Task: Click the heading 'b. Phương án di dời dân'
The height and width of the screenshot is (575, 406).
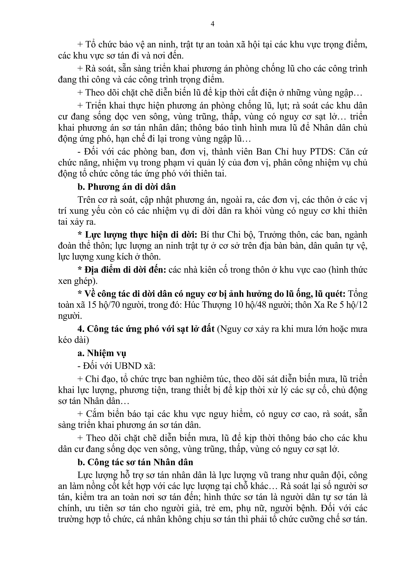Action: click(x=126, y=187)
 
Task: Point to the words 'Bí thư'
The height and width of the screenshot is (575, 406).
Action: click(x=213, y=235)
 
